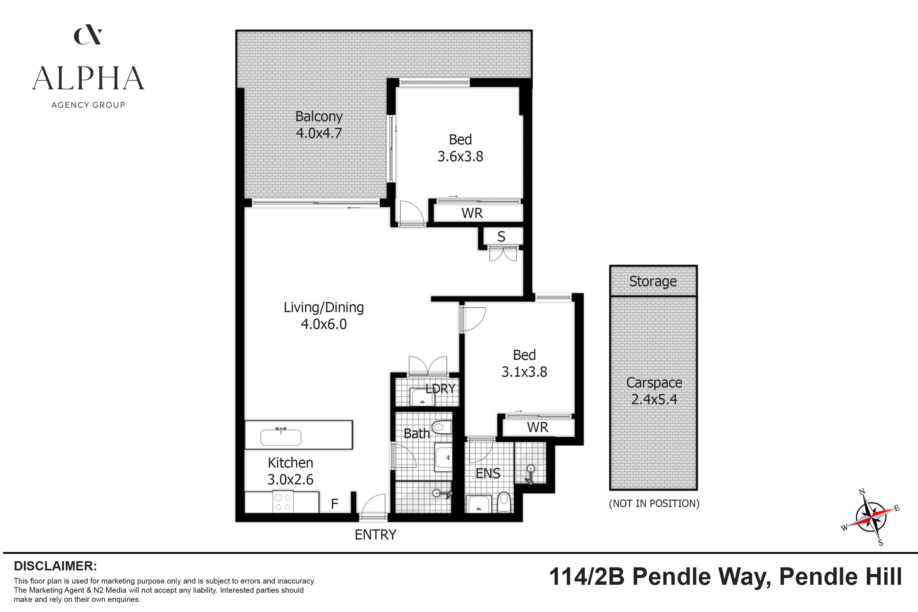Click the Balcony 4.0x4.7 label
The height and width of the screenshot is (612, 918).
pos(319,125)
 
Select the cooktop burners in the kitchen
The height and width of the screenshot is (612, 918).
pos(283,502)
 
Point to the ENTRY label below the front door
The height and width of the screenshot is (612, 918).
pos(375,534)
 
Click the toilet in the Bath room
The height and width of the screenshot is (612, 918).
pos(442,427)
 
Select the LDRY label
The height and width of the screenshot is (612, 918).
pos(440,389)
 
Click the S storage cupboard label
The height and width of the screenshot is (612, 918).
pos(501,237)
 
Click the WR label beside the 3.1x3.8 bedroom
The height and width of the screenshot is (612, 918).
pos(537,427)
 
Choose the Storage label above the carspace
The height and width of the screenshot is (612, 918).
pos(653,281)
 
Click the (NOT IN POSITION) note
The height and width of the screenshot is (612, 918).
pos(654,503)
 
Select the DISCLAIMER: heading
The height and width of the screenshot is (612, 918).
pos(55,566)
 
